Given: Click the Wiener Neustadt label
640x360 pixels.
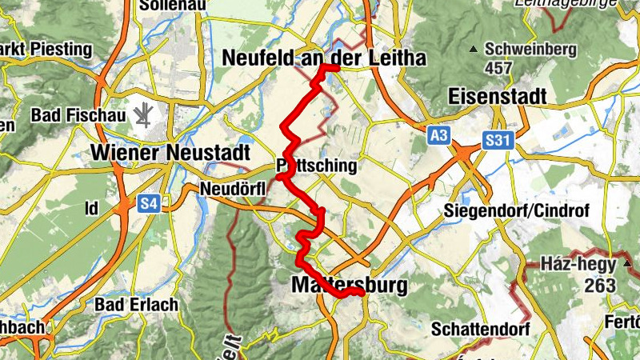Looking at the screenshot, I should click(x=172, y=152).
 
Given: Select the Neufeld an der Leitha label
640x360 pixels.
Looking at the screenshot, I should click(x=324, y=58).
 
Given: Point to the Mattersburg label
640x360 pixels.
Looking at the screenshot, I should click(x=350, y=285).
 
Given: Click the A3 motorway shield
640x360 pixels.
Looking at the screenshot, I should click(x=438, y=136).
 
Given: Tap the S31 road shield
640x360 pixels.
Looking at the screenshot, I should click(x=497, y=141).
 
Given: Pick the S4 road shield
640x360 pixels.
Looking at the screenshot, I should click(x=148, y=205).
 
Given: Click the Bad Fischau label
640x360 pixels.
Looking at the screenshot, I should click(x=78, y=116).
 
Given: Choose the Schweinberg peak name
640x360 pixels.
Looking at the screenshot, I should click(x=530, y=49).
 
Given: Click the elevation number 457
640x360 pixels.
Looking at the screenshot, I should click(x=498, y=68).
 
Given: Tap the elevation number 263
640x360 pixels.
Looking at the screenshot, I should click(x=599, y=285).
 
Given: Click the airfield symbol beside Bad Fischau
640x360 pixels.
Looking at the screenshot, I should click(x=144, y=117).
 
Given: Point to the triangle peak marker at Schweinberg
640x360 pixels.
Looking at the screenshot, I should click(x=474, y=50).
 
